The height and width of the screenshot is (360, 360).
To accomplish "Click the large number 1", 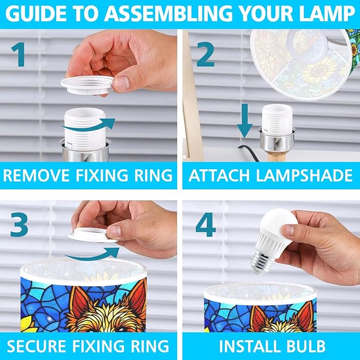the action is point(19,55).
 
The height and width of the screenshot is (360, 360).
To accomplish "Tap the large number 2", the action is point(206,55).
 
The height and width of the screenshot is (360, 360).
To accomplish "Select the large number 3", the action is point(19,225).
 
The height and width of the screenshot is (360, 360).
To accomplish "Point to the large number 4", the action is point(206,225).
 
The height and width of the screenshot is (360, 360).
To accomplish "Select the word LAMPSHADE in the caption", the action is point(304,175).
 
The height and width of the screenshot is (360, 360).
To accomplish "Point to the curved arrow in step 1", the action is point(88,125).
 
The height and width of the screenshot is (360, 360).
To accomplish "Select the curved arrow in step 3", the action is point(92,254).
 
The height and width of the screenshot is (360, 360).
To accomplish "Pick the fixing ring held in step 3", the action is point(92,235).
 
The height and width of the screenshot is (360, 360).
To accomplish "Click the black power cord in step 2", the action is point(249,152).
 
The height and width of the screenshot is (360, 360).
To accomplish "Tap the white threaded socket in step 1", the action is point(85,127).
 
